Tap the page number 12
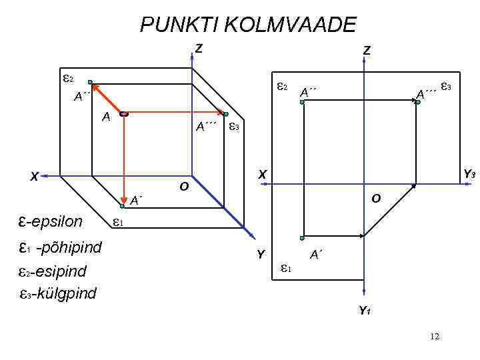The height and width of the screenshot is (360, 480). [x=435, y=337]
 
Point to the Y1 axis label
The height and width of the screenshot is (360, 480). [x=365, y=310]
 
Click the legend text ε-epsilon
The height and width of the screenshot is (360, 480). [x=51, y=221]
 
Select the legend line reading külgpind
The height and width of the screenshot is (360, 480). [x=59, y=293]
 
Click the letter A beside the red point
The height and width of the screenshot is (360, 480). [x=105, y=117]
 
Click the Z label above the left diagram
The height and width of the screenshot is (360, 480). [x=199, y=48]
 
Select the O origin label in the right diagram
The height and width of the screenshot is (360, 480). [x=376, y=199]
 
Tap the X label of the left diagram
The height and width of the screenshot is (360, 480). [x=33, y=177]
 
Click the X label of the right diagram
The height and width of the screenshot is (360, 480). [x=263, y=174]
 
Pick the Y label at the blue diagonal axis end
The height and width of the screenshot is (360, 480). [x=261, y=254]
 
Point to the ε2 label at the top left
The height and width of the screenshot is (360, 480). [x=68, y=78]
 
